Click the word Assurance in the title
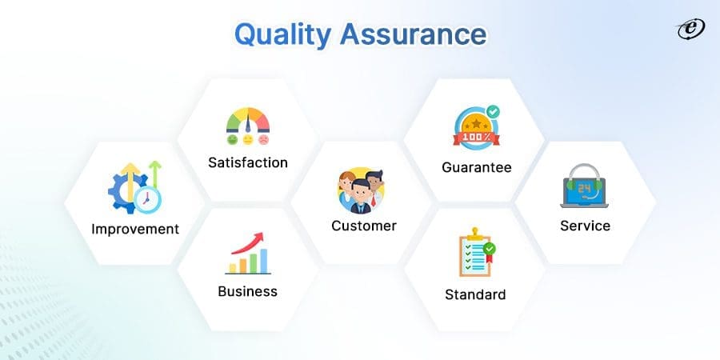click(x=414, y=35)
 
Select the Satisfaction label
click(x=247, y=162)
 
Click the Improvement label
click(x=135, y=229)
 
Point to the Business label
click(x=247, y=291)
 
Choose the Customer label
click(x=364, y=226)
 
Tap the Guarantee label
click(x=476, y=168)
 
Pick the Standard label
click(x=475, y=294)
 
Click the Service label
click(x=585, y=226)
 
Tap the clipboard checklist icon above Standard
click(x=474, y=255)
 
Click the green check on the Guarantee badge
click(x=493, y=113)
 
